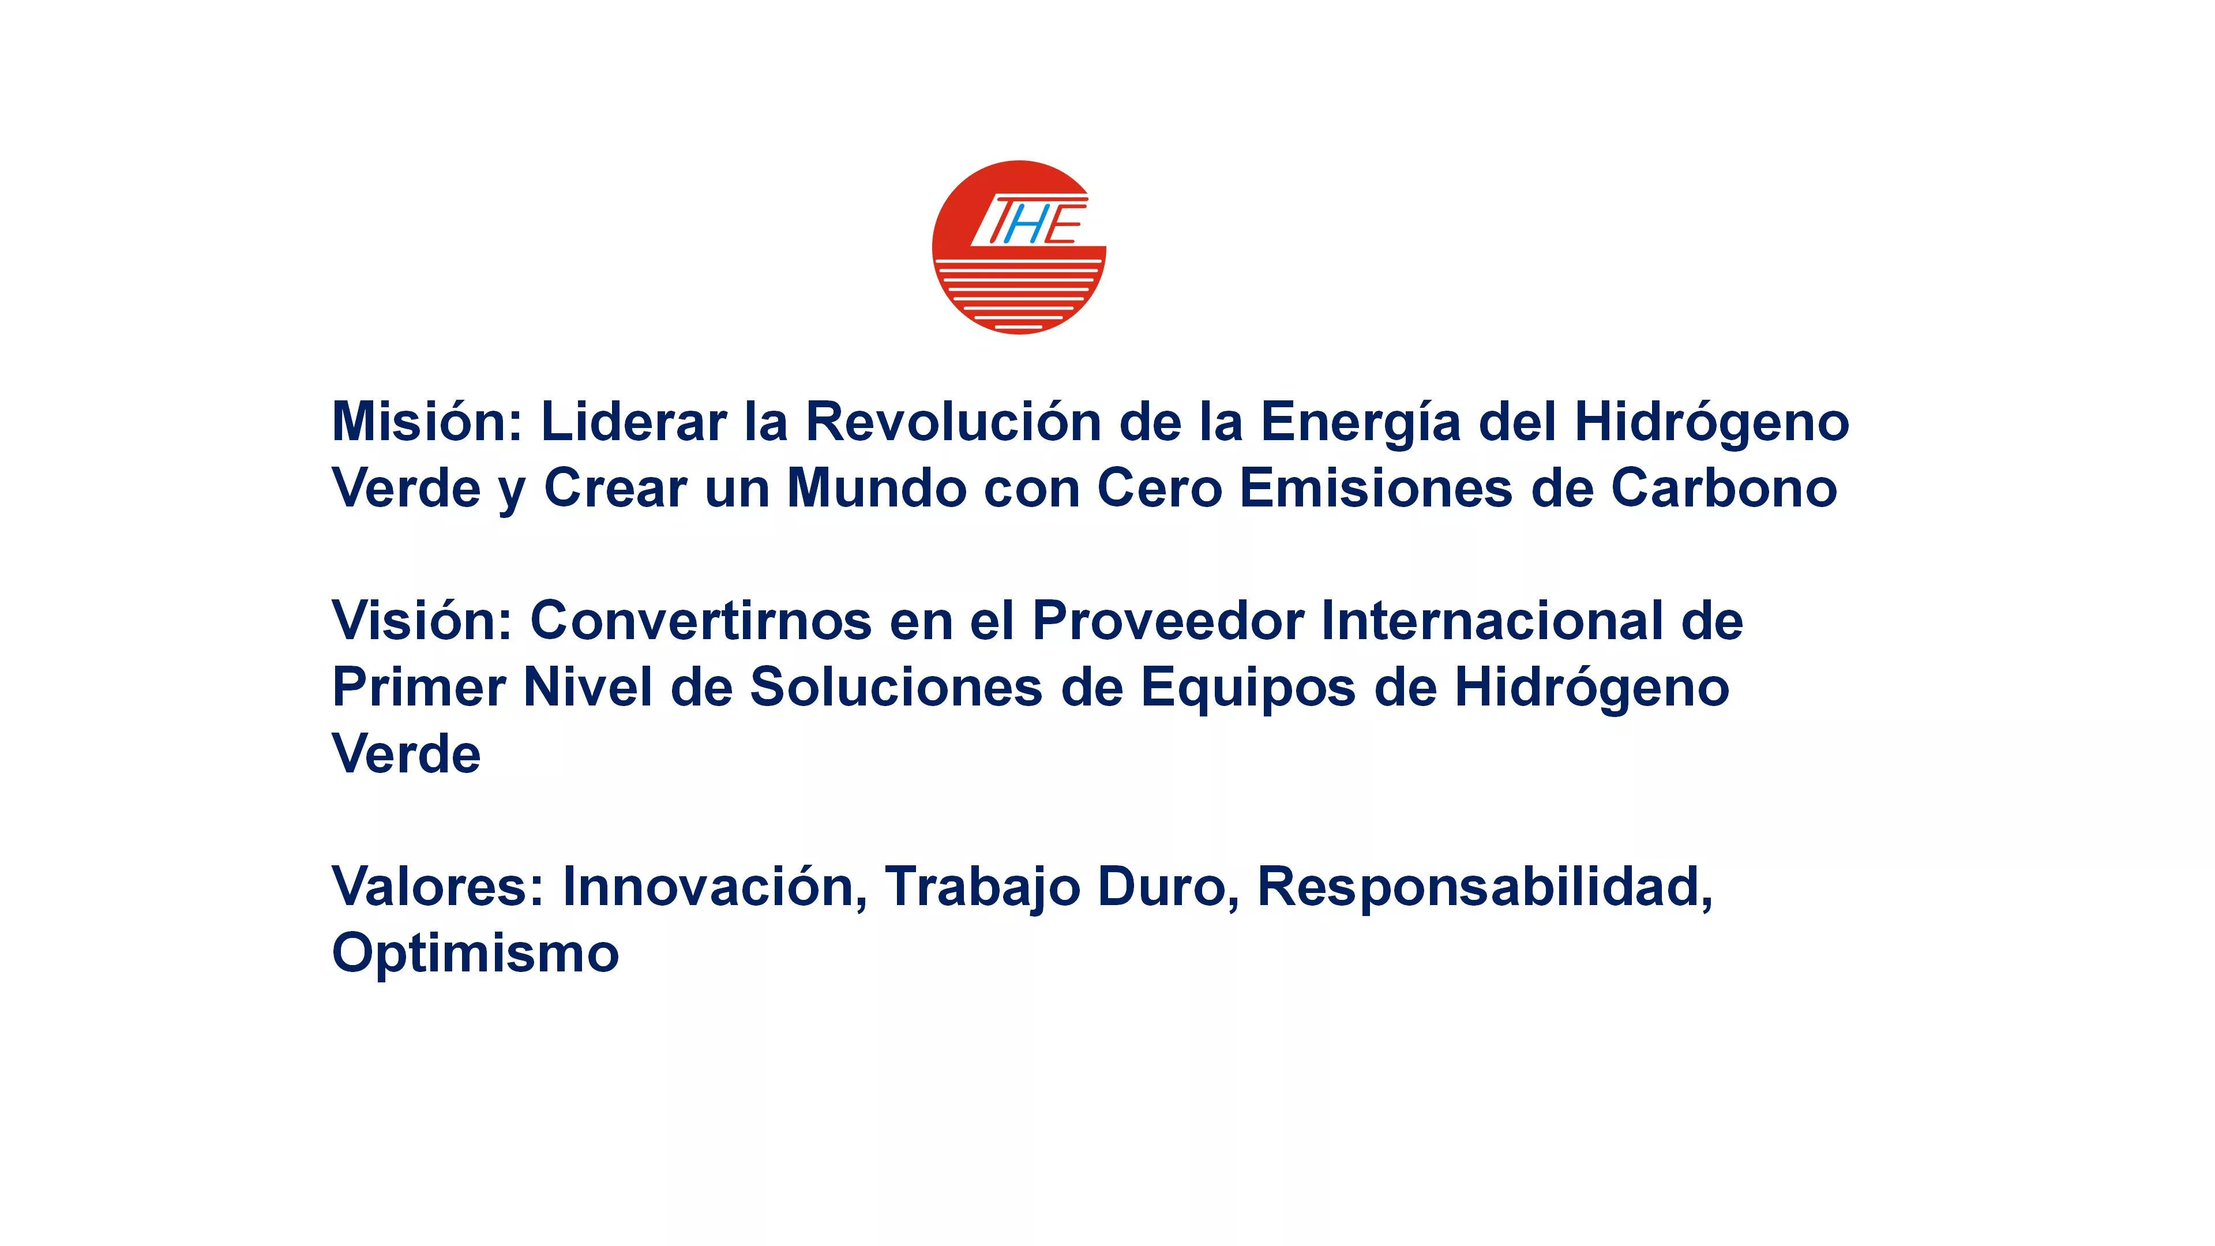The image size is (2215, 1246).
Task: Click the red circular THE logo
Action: (x=1019, y=247)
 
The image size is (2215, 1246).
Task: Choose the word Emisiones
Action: (x=1376, y=489)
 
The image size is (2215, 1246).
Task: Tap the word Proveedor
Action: (x=1169, y=620)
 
